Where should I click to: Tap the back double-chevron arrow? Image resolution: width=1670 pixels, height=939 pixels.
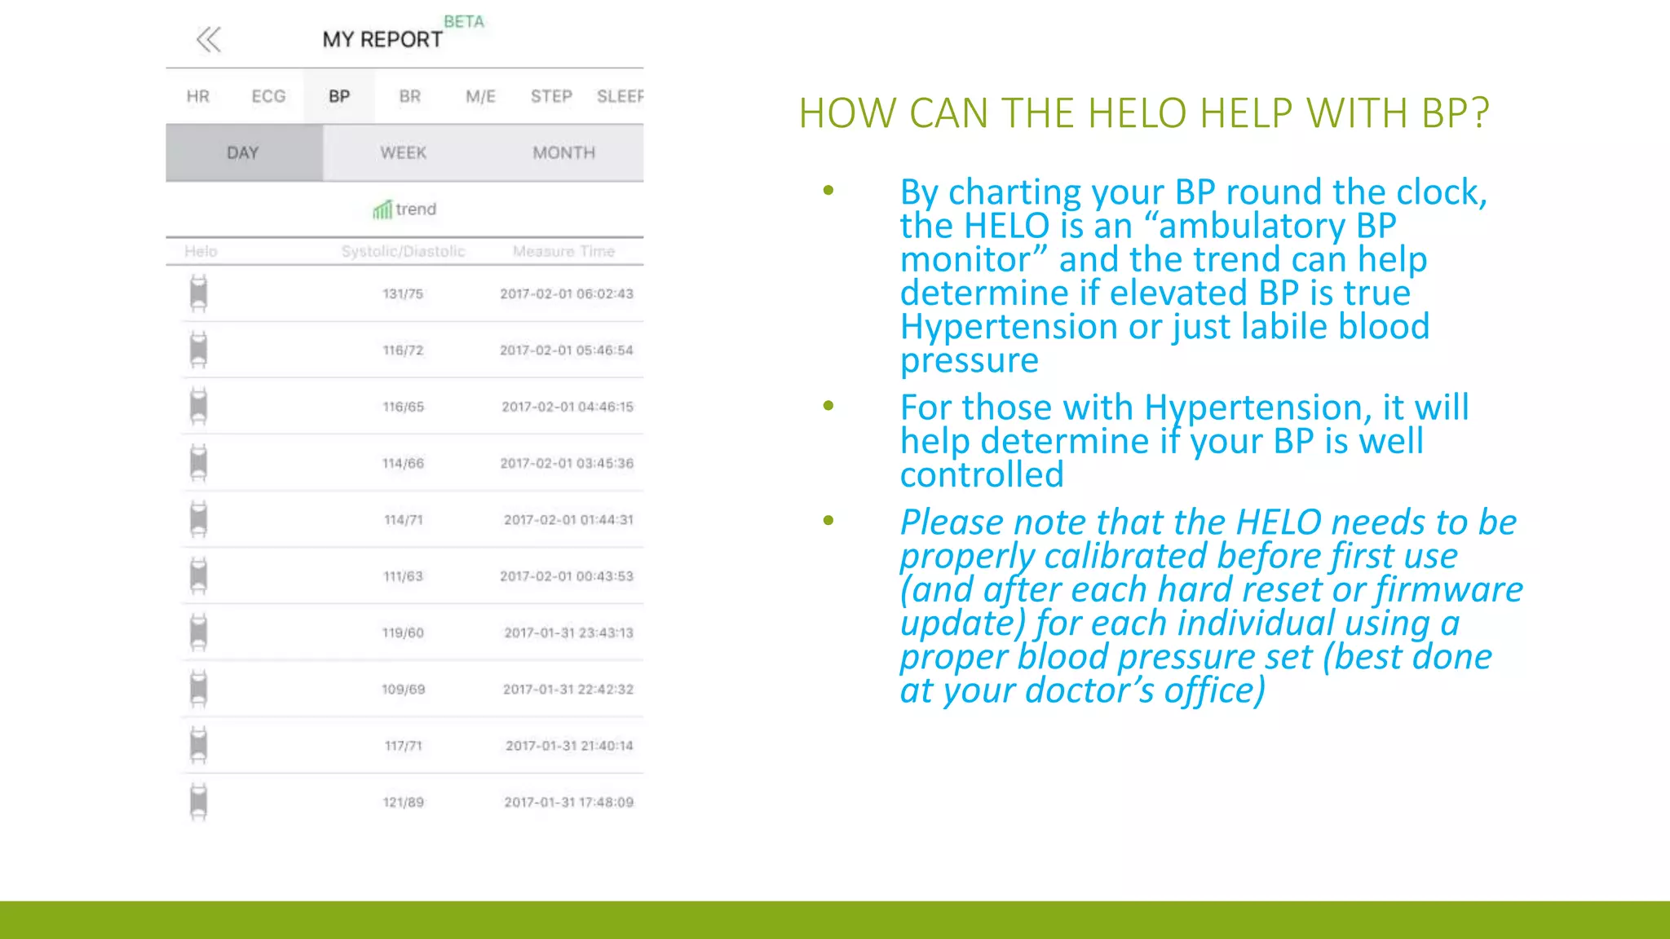pyautogui.click(x=209, y=39)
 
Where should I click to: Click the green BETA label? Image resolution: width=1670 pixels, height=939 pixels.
pyautogui.click(x=464, y=22)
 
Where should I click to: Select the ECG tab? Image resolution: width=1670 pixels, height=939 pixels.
pyautogui.click(x=268, y=96)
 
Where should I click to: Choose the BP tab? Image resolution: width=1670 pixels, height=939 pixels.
pyautogui.click(x=339, y=96)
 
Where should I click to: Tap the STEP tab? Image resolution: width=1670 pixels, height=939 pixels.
pyautogui.click(x=551, y=96)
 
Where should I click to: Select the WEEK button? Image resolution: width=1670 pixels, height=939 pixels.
pyautogui.click(x=403, y=153)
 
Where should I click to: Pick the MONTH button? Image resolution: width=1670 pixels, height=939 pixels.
pyautogui.click(x=563, y=153)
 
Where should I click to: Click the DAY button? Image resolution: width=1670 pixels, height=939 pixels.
pyautogui.click(x=243, y=153)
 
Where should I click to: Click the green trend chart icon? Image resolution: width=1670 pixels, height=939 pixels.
pyautogui.click(x=382, y=210)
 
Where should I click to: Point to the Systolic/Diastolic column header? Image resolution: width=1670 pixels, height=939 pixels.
pyautogui.click(x=403, y=251)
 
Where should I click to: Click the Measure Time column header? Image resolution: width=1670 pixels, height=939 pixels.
pyautogui.click(x=563, y=251)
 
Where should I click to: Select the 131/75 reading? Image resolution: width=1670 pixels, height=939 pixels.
pyautogui.click(x=403, y=293)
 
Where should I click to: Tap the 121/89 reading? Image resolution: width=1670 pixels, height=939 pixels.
pyautogui.click(x=403, y=802)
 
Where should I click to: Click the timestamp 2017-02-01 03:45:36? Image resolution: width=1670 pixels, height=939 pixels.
pyautogui.click(x=566, y=463)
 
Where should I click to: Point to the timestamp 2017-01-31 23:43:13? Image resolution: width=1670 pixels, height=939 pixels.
pyautogui.click(x=568, y=633)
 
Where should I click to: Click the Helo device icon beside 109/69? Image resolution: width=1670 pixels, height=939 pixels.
pyautogui.click(x=198, y=689)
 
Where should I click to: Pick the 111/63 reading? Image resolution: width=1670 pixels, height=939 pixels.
pyautogui.click(x=403, y=576)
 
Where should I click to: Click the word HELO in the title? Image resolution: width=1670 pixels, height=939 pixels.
pyautogui.click(x=1137, y=113)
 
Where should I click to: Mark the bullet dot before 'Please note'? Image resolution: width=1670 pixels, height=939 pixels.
pyautogui.click(x=828, y=520)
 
